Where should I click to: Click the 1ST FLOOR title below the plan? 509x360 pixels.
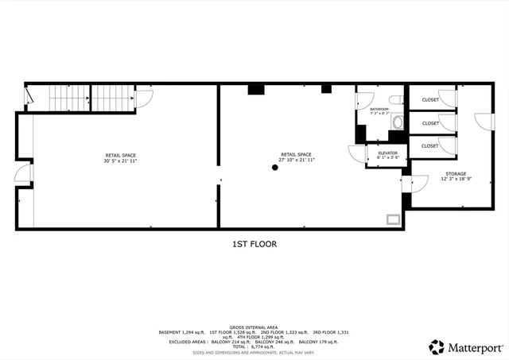[x=254, y=244]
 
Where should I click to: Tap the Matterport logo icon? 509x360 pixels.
[x=437, y=346]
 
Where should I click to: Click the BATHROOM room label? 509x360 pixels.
[x=379, y=109]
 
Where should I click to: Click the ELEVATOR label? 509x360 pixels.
[x=387, y=153]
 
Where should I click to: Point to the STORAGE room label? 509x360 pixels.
[x=456, y=173]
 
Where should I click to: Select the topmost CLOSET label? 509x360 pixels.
[x=430, y=100]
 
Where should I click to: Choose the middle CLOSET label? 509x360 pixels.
[x=430, y=123]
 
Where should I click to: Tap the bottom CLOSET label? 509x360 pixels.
[x=430, y=146]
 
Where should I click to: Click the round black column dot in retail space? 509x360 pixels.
[x=275, y=167]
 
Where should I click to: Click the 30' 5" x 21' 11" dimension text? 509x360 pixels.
[x=120, y=161]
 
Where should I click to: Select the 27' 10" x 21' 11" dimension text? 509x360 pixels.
[x=295, y=161]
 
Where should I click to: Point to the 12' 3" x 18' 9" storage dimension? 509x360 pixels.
[x=456, y=180]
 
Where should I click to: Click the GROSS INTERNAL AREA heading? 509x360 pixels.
[x=254, y=326]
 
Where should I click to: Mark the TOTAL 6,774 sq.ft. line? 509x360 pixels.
[x=254, y=346]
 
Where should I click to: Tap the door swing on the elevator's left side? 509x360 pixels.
[x=356, y=154]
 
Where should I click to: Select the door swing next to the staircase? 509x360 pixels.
[x=144, y=98]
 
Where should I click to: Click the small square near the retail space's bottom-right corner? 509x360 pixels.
[x=391, y=219]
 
